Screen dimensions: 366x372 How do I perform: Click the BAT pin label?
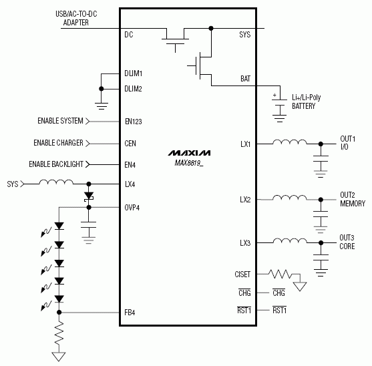pos(245,79)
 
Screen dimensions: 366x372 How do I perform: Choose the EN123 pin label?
pos(134,122)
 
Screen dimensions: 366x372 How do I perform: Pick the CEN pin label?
pos(130,143)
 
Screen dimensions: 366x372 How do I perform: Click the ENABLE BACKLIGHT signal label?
pos(56,164)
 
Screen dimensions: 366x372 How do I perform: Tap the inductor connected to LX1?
pos(289,142)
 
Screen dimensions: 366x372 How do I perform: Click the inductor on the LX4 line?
pos(55,182)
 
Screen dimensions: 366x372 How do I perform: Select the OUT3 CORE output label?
pos(347,242)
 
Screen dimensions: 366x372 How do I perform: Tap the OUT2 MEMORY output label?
pos(352,199)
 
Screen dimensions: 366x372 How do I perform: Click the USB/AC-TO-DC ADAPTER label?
pos(80,18)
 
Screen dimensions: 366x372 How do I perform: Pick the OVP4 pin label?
pos(132,207)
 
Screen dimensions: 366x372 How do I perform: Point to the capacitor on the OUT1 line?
pos(322,161)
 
